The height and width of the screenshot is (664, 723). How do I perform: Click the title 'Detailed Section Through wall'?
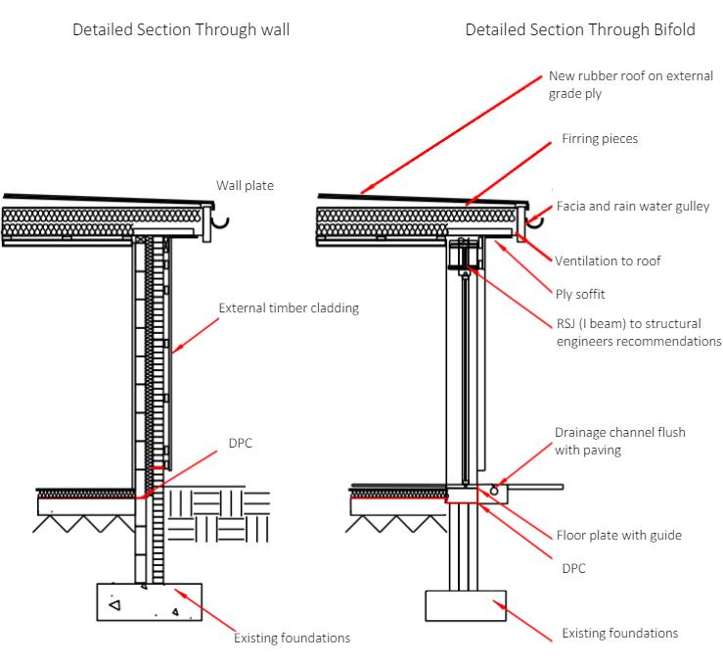click(181, 29)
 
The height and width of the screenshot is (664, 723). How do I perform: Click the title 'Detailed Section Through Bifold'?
click(580, 29)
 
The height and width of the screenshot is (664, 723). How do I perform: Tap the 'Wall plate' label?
click(245, 185)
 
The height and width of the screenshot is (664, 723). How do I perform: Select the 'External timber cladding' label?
click(289, 308)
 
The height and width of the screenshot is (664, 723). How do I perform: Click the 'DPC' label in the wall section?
click(241, 443)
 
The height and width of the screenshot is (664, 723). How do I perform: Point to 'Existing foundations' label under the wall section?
click(292, 639)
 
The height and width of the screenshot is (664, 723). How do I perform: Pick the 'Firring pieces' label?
click(599, 139)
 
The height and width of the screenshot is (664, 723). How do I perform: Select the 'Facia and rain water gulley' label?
click(633, 207)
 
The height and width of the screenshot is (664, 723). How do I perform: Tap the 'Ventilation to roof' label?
click(608, 261)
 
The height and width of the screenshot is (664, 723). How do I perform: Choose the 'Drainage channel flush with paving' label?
click(619, 440)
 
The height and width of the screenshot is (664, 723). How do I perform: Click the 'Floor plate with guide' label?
click(618, 535)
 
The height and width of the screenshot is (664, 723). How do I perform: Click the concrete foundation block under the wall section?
click(149, 602)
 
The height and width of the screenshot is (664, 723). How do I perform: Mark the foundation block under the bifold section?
click(465, 606)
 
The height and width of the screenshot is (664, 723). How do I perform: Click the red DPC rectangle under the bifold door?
click(462, 498)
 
